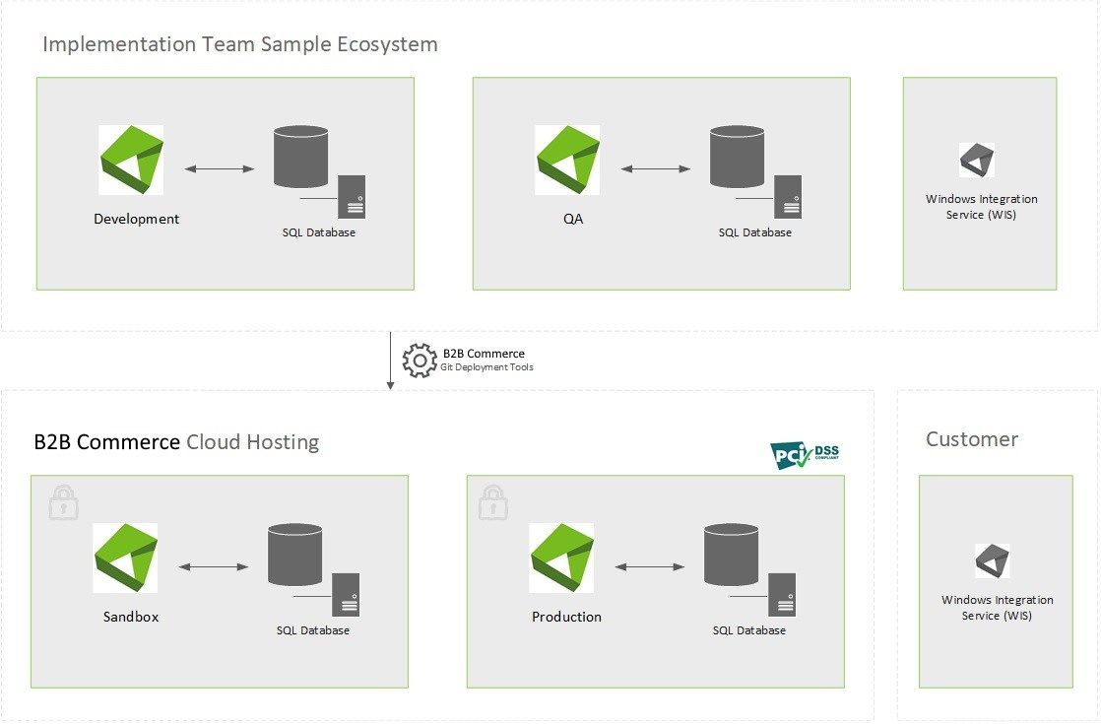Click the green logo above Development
[131, 160]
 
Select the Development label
[137, 219]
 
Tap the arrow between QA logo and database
[656, 169]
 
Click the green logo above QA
[567, 160]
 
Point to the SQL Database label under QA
[754, 232]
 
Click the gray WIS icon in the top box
[977, 161]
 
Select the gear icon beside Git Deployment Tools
[420, 361]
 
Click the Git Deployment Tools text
[486, 367]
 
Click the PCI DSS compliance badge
[805, 454]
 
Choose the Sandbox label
[131, 617]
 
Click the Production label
[566, 617]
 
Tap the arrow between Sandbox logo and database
[215, 567]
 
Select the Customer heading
[972, 439]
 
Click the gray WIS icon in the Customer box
[993, 561]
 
